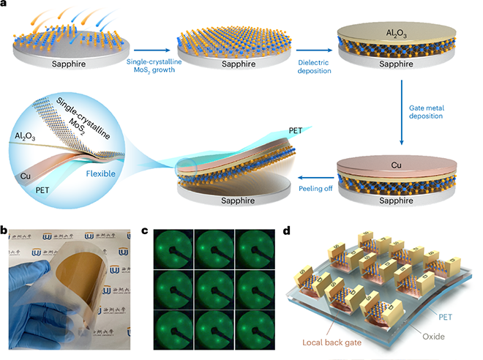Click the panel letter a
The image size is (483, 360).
5,5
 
